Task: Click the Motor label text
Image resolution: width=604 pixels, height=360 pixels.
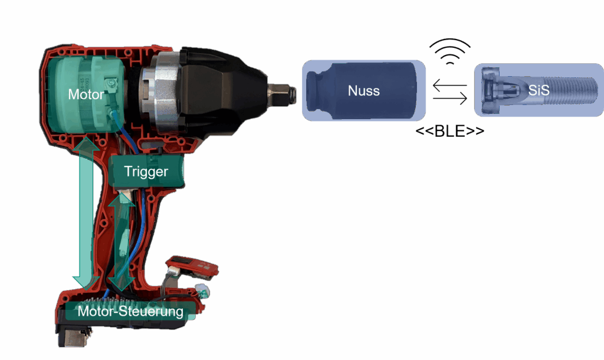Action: tap(86, 94)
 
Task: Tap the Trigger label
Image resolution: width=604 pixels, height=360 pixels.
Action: tap(146, 172)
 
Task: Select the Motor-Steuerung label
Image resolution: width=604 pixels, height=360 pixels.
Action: tap(130, 311)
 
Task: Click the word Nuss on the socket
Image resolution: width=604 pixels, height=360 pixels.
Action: tap(364, 91)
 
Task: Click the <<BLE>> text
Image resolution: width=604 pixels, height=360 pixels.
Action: tap(450, 131)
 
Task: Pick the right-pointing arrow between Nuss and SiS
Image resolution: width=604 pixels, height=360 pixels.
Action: tap(450, 98)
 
